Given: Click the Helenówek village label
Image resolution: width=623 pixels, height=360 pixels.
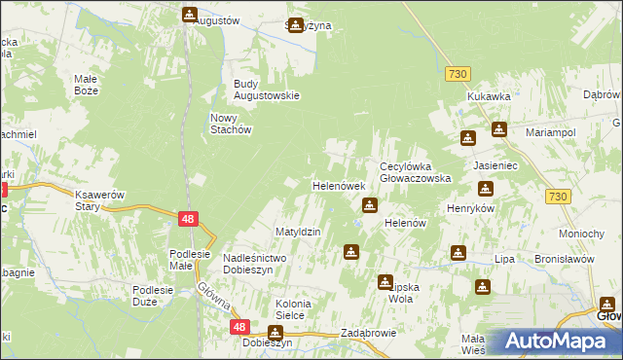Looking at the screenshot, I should point(338,185).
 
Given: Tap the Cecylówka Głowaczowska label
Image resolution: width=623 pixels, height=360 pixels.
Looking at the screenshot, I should point(416,172).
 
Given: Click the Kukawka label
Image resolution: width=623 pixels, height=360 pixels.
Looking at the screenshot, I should point(489,96).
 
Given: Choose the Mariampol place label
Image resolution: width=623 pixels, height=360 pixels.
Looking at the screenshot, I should point(552,130).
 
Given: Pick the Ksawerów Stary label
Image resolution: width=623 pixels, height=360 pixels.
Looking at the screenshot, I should point(101,199).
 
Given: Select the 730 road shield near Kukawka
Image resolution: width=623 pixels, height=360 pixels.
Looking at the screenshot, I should point(459,74).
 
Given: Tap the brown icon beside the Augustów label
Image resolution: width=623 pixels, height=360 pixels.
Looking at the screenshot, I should point(190,15).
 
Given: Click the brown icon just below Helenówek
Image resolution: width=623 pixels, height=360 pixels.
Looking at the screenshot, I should point(370,205).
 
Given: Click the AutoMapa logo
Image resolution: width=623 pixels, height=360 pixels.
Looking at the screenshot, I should point(555,342).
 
